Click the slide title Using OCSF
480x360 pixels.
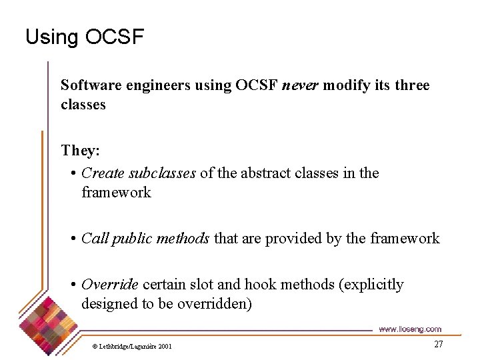pos(84,37)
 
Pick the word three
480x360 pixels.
pos(412,85)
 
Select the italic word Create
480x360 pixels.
pos(103,173)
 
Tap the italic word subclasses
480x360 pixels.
pos(162,173)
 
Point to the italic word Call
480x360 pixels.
pos(94,239)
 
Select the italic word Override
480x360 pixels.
pos(109,285)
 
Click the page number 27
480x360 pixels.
pos(438,344)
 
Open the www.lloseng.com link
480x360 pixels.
pos(409,329)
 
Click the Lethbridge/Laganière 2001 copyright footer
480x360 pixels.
pos(132,346)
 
